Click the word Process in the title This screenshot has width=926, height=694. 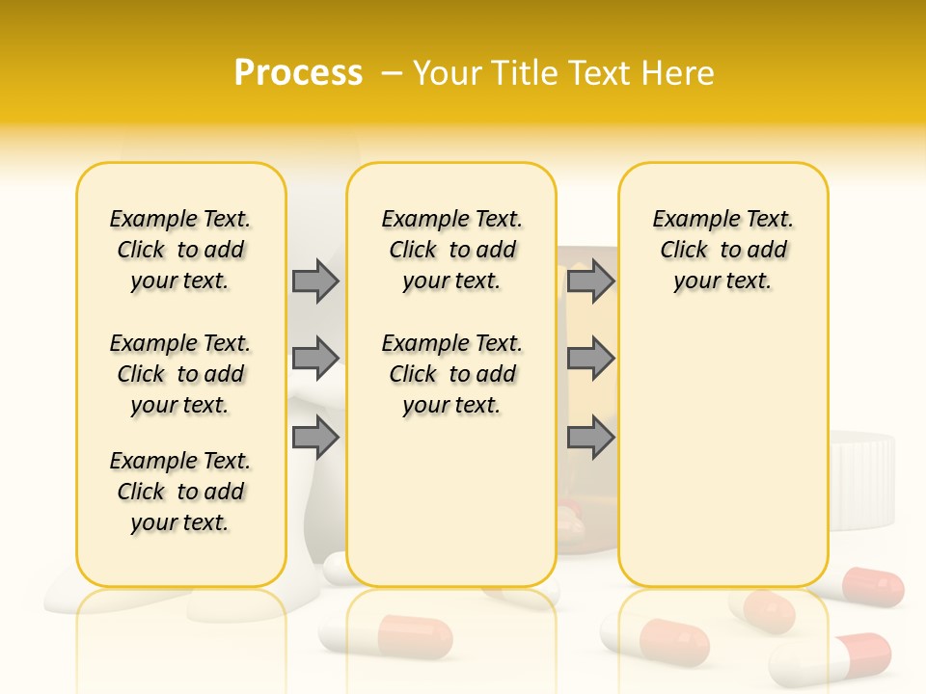(298, 72)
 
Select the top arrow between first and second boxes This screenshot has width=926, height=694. (315, 280)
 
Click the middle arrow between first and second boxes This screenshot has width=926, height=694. (315, 359)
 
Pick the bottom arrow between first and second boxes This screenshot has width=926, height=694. (315, 438)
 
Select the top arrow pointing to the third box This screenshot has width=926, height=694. (590, 280)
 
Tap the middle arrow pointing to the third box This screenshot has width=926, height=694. (590, 359)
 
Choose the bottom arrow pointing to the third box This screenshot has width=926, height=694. (590, 438)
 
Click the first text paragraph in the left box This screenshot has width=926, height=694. (180, 250)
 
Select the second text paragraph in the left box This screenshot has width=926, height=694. (180, 374)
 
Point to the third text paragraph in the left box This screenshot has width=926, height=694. (180, 492)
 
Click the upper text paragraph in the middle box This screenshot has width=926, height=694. (451, 250)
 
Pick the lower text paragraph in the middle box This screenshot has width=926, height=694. (451, 374)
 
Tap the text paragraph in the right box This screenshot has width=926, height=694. (722, 250)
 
